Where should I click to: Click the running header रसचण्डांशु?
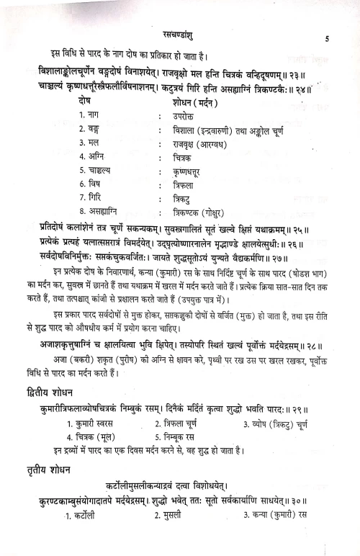(180, 32)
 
